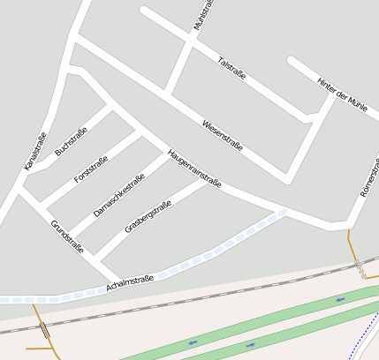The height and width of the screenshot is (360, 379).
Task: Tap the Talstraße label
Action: (x=231, y=68)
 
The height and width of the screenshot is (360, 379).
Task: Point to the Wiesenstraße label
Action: (x=222, y=134)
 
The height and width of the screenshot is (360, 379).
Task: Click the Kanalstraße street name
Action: (x=35, y=151)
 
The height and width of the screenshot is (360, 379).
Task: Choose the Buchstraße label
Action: (x=71, y=142)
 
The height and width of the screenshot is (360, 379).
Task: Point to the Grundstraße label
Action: (x=67, y=236)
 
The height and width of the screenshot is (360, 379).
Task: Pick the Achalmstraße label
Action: (x=129, y=282)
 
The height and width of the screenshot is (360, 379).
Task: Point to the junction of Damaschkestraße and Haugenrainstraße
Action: (x=165, y=152)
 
